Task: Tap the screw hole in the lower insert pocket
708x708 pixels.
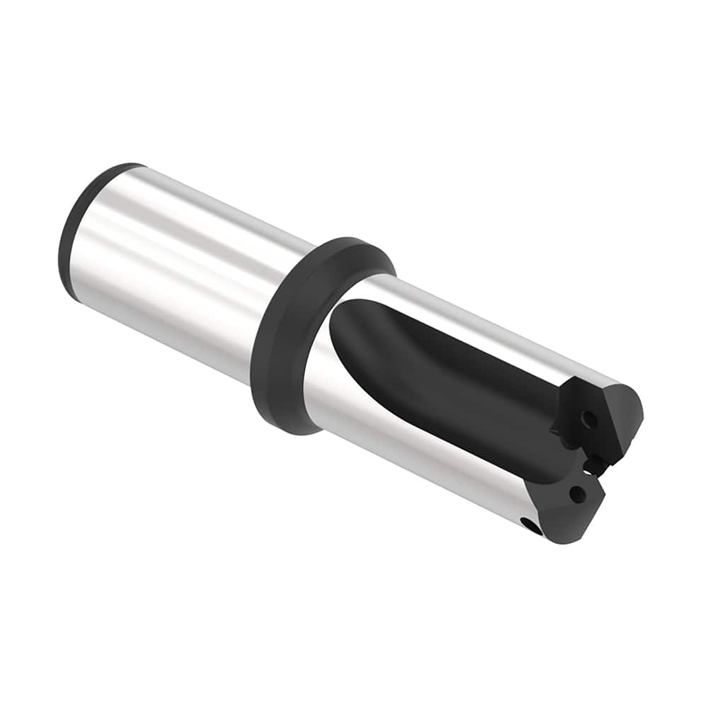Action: (577, 494)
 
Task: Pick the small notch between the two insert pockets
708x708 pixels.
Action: (593, 464)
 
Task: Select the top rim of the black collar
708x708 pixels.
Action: (354, 244)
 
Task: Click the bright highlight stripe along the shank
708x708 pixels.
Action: (191, 234)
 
